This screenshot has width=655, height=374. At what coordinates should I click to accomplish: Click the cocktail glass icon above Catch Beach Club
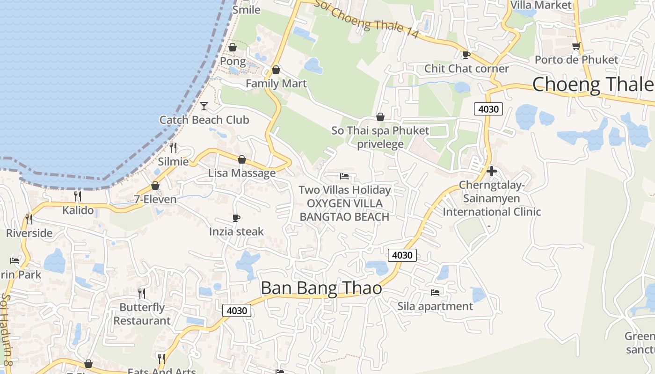tap(204, 106)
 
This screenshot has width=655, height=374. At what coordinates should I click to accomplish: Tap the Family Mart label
tap(276, 84)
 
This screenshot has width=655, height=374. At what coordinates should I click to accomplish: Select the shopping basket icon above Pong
tap(232, 47)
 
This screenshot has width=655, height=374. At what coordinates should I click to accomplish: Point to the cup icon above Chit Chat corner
tap(466, 55)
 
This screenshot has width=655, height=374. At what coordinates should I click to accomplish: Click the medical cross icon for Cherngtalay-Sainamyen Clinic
tap(491, 171)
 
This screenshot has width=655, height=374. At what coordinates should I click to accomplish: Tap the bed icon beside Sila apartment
tap(435, 293)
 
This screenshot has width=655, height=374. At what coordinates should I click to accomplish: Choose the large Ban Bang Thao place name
tap(321, 288)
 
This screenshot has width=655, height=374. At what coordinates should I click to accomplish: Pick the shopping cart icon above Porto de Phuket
tap(576, 46)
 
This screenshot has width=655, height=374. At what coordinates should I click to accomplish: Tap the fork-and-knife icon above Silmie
tap(173, 148)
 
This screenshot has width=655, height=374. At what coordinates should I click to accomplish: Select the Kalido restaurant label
tap(78, 210)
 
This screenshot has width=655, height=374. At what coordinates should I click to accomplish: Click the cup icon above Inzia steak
tap(236, 218)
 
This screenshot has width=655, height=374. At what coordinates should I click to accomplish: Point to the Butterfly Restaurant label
tap(142, 314)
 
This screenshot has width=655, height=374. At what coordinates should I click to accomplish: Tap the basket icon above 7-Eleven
tap(155, 186)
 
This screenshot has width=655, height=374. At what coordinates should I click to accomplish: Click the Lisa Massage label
tap(242, 173)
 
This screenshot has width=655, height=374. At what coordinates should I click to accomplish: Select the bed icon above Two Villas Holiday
tap(344, 176)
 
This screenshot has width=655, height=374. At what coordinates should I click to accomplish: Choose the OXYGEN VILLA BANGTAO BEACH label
tap(344, 210)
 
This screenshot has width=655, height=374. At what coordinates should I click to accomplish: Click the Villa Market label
tap(541, 5)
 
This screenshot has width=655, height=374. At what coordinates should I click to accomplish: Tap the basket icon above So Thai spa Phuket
tap(380, 117)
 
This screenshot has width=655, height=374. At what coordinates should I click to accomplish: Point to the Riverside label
tap(29, 233)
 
